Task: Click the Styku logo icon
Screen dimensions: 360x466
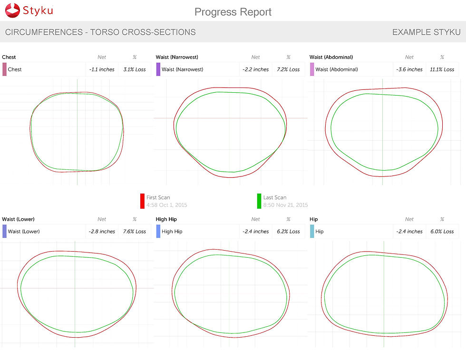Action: (12, 11)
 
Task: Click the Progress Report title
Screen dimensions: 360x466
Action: (233, 12)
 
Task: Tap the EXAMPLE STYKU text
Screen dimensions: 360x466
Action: (426, 32)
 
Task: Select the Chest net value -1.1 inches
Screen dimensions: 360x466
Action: (102, 69)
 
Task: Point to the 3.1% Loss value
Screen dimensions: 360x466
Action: (135, 69)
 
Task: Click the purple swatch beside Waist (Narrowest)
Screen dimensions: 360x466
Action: (158, 69)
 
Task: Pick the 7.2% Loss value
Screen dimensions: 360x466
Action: (288, 69)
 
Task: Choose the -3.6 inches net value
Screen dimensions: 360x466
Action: (409, 69)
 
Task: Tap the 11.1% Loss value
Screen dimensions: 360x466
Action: (442, 69)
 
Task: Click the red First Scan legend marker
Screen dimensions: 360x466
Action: (142, 201)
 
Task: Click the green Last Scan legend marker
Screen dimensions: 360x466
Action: (259, 201)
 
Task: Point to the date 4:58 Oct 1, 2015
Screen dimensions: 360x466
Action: (166, 205)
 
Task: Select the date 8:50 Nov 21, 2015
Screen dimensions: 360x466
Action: (285, 205)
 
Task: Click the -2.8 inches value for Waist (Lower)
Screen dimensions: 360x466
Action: (102, 232)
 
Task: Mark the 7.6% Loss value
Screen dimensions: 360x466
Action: (135, 232)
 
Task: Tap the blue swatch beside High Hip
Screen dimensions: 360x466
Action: (158, 232)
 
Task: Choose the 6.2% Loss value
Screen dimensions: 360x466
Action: (288, 232)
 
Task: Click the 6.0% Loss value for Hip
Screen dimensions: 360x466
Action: (442, 232)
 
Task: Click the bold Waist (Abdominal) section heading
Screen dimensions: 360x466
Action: (331, 57)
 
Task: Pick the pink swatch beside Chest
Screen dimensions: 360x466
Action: (4, 69)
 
